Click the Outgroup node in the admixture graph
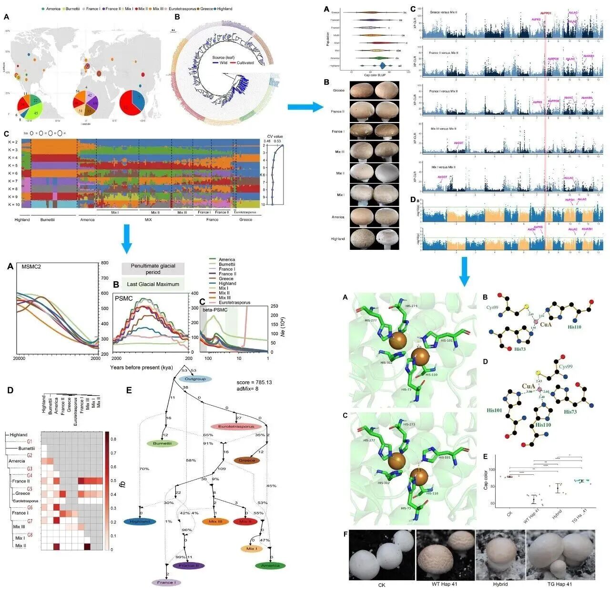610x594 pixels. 195,379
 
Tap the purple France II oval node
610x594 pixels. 189,565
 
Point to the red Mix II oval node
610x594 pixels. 246,522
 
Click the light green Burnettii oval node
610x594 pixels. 163,443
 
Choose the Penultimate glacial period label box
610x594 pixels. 152,269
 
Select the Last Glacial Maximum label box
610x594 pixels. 152,284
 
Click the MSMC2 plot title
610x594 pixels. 31,266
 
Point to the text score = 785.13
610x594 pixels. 254,382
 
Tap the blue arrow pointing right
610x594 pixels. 305,107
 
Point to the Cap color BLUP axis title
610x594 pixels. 374,75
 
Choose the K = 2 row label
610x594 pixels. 12,142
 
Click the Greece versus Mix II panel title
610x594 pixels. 443,12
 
